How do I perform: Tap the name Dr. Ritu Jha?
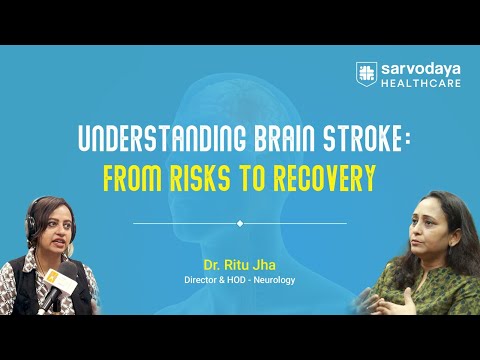tap(240, 266)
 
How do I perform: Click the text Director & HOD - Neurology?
tap(240, 281)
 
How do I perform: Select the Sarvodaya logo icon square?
tap(366, 73)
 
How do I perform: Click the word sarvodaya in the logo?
tap(413, 68)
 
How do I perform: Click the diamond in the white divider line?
tap(240, 223)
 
